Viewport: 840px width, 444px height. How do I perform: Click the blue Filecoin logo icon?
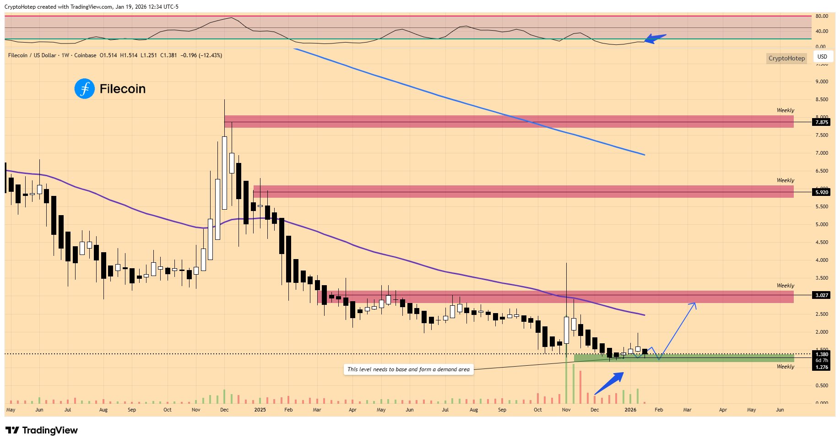pyautogui.click(x=84, y=89)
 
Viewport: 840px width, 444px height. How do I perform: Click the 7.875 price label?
pyautogui.click(x=822, y=122)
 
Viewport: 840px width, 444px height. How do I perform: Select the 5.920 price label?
pyautogui.click(x=822, y=192)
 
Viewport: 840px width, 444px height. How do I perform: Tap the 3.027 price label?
pyautogui.click(x=822, y=295)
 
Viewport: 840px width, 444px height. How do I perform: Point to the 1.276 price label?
pyautogui.click(x=822, y=367)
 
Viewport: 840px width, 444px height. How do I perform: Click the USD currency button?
pyautogui.click(x=822, y=57)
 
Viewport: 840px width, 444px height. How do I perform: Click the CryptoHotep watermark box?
pyautogui.click(x=786, y=58)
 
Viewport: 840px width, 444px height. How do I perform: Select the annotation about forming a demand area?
pyautogui.click(x=408, y=369)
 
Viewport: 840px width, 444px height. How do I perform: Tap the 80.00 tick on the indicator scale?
pyautogui.click(x=822, y=16)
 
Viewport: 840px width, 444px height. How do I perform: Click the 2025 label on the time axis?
pyautogui.click(x=260, y=410)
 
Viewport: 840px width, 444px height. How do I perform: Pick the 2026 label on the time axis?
pyautogui.click(x=630, y=410)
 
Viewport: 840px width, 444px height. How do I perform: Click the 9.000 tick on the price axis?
pyautogui.click(x=822, y=81)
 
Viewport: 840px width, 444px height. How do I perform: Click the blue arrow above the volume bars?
pyautogui.click(x=610, y=383)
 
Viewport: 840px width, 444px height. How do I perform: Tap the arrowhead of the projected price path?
pyautogui.click(x=694, y=304)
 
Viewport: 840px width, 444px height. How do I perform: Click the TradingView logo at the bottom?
pyautogui.click(x=42, y=430)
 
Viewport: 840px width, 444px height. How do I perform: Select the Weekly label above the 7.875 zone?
pyautogui.click(x=785, y=110)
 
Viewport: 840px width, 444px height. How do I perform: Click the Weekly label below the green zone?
pyautogui.click(x=785, y=367)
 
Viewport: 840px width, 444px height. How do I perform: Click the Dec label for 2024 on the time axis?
pyautogui.click(x=224, y=410)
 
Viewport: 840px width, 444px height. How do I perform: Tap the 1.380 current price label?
pyautogui.click(x=822, y=354)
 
